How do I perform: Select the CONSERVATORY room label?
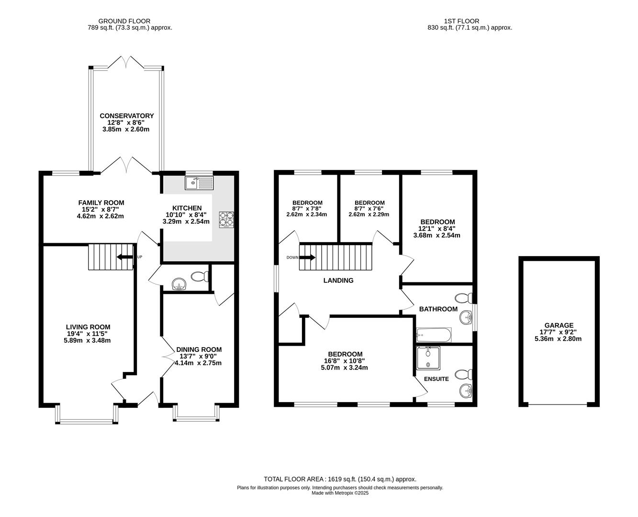(127, 116)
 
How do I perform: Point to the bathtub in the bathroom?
(434, 335)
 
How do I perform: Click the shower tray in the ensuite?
(428, 358)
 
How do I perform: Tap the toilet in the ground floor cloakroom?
(200, 276)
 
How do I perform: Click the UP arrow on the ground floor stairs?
(126, 258)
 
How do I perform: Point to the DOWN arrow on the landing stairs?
(307, 258)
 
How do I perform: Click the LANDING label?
(338, 281)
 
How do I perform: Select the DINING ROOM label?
(199, 349)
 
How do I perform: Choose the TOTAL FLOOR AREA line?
(340, 479)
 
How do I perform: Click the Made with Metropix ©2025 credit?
(340, 493)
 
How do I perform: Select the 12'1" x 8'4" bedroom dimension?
(437, 228)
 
